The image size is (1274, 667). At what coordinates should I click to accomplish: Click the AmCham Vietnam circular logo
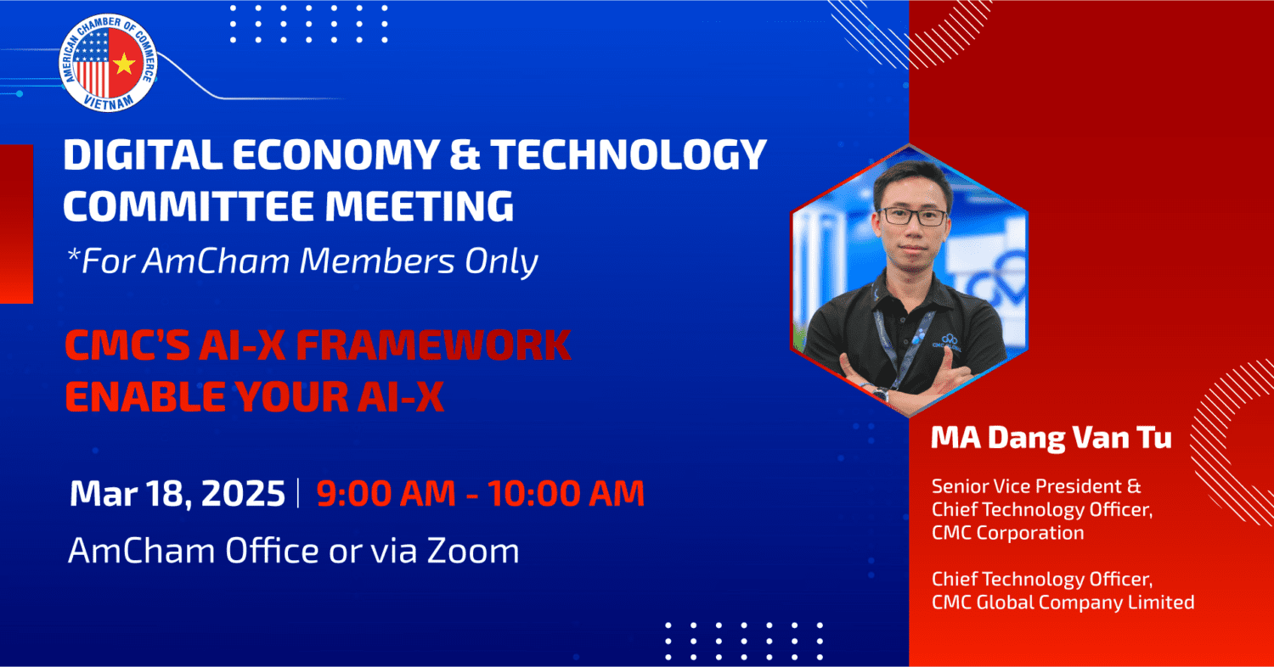[108, 63]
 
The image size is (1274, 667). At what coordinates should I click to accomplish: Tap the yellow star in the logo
[124, 64]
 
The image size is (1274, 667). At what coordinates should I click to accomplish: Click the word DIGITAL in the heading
[143, 154]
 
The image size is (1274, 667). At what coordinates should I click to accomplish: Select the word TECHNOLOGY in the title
[629, 154]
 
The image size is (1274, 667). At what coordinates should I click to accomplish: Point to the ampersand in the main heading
[465, 154]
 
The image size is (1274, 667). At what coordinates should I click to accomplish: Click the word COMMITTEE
[189, 205]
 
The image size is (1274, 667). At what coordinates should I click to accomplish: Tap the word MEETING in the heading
[420, 205]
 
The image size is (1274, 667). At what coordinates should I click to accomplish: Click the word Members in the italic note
[377, 261]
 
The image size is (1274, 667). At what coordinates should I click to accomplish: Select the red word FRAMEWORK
[433, 345]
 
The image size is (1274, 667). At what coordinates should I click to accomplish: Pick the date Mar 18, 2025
[177, 493]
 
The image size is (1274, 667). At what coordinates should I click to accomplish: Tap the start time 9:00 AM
[386, 492]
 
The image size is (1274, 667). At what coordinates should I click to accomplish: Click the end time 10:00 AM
[566, 492]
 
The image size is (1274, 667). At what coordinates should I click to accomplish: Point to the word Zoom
[473, 551]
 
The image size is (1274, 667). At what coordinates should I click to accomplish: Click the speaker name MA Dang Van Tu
[1051, 438]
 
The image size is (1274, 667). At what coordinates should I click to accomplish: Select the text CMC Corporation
[1007, 533]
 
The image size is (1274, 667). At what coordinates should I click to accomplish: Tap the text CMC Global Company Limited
[1063, 603]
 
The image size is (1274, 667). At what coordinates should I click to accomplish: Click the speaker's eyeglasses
[913, 216]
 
